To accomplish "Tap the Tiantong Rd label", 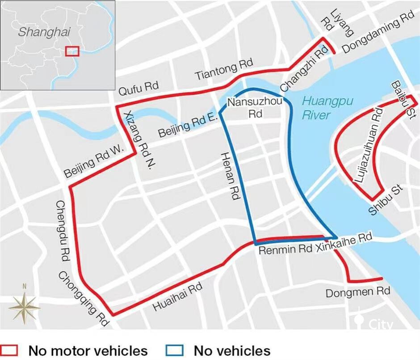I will tap(224, 70).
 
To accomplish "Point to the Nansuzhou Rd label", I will tap(255, 108).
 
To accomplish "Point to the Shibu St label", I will tap(386, 200).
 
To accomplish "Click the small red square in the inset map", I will tap(72, 51).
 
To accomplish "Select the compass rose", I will tap(25, 306).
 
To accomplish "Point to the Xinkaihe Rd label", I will tap(344, 243).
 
